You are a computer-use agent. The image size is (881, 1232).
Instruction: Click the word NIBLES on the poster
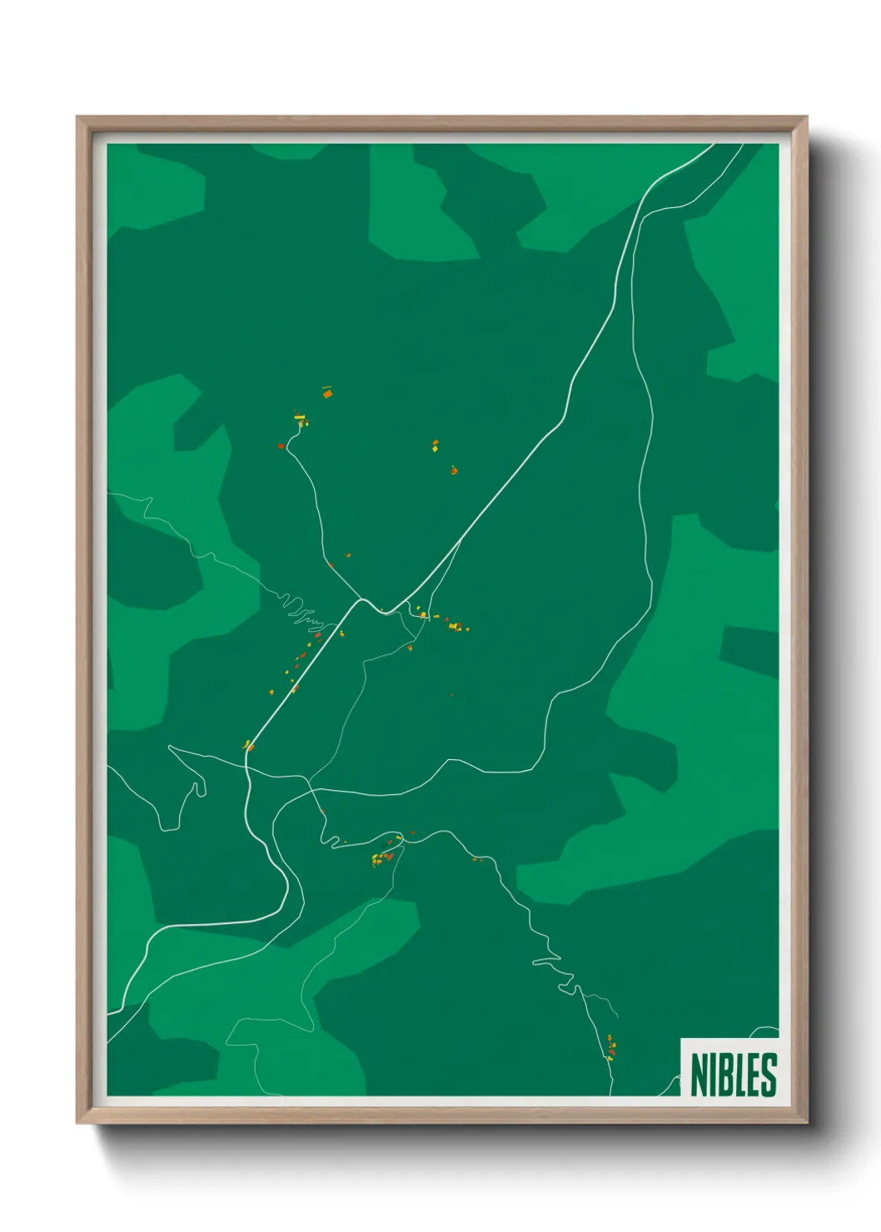(x=733, y=1074)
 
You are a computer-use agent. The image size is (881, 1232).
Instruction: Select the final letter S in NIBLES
(x=769, y=1074)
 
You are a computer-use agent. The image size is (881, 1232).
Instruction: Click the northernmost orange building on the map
(x=327, y=393)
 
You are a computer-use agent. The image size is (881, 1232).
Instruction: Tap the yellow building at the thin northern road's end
(x=300, y=419)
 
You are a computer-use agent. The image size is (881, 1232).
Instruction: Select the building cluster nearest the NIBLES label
(x=610, y=1046)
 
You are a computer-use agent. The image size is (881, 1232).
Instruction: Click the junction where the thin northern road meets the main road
(x=362, y=599)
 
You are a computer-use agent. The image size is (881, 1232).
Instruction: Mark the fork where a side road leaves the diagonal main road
(x=460, y=539)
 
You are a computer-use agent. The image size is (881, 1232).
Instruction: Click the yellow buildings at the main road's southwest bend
(x=247, y=745)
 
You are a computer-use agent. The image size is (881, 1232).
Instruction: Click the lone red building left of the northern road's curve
(x=281, y=446)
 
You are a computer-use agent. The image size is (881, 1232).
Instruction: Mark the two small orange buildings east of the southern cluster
(x=477, y=859)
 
